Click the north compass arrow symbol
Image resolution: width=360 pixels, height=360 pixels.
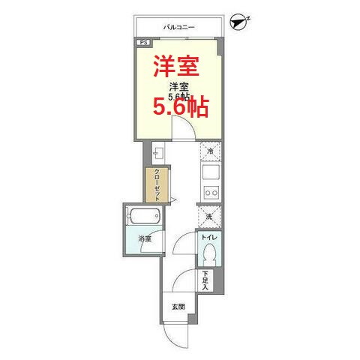[239, 22]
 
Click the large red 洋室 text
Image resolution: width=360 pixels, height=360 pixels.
[177, 66]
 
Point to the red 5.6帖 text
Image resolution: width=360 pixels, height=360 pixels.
[181, 108]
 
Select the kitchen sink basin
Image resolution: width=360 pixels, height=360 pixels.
[210, 172]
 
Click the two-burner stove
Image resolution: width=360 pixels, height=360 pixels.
[210, 193]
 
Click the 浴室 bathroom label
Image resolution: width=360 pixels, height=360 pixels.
[145, 239]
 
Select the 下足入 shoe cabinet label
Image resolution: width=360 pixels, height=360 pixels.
[205, 280]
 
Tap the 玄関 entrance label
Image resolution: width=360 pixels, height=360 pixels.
[177, 306]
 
